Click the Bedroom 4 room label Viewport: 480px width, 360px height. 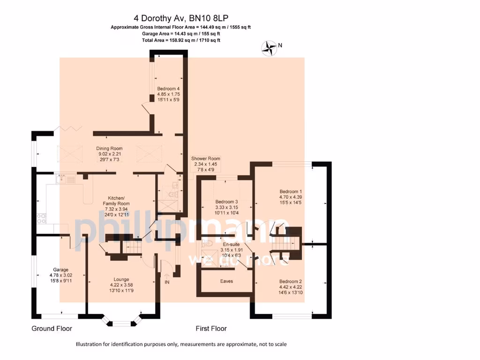pyautogui.click(x=168, y=89)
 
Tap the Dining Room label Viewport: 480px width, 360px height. pyautogui.click(x=109, y=149)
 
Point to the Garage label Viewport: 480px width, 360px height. pyautogui.click(x=60, y=270)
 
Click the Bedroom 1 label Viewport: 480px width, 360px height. pyautogui.click(x=291, y=191)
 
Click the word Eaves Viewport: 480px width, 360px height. pyautogui.click(x=226, y=281)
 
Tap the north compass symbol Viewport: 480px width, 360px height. pyautogui.click(x=269, y=48)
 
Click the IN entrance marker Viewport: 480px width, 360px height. pyautogui.click(x=167, y=282)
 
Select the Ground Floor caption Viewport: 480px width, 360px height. pyautogui.click(x=52, y=328)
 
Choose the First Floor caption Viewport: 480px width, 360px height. pyautogui.click(x=211, y=328)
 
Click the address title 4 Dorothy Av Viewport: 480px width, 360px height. pyautogui.click(x=180, y=19)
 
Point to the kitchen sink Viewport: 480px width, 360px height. pyautogui.click(x=65, y=179)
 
